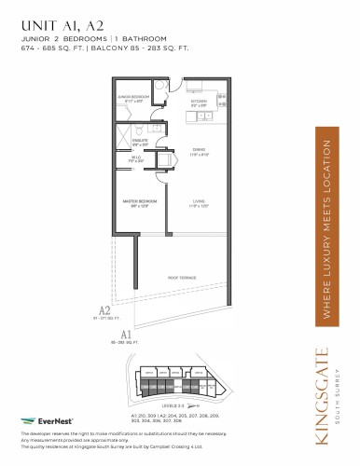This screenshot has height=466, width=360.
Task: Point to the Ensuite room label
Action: (x=141, y=143)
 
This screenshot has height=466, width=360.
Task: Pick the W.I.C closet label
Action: (x=134, y=160)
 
